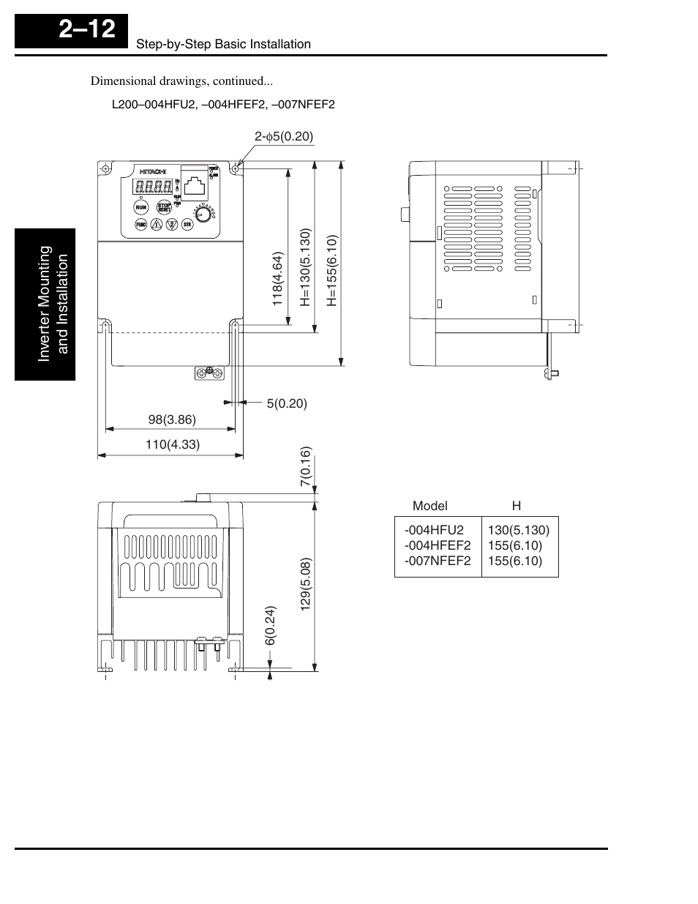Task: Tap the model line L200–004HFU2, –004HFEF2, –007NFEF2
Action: [223, 104]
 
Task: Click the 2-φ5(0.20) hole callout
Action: [284, 136]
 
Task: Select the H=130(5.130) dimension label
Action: [305, 267]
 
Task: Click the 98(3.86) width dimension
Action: [172, 420]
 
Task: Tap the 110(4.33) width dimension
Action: [172, 444]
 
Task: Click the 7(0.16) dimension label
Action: [306, 467]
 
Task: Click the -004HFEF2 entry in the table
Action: [438, 545]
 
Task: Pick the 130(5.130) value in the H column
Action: [519, 530]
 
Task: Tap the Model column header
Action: [429, 506]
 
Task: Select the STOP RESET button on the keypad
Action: [165, 208]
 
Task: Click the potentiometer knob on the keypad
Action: [200, 212]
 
